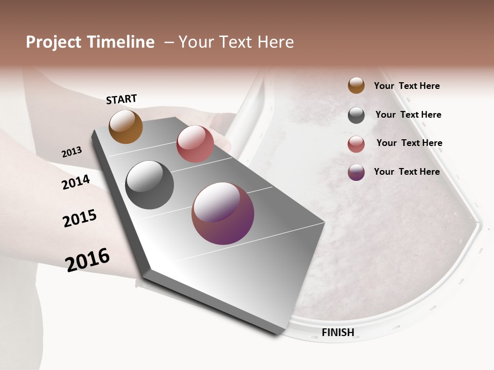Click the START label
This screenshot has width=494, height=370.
121,99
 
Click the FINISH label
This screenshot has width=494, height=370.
338,332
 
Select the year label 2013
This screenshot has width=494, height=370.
72,152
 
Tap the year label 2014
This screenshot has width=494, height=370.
76,182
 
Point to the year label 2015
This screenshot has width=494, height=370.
80,218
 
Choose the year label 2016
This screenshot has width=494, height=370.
87,260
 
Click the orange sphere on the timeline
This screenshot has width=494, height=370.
126,126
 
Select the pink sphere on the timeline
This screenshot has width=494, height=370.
195,144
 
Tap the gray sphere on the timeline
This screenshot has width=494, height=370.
150,185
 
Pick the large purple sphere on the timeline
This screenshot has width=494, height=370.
223,213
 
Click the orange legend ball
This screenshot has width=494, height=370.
356,85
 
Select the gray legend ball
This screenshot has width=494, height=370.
356,115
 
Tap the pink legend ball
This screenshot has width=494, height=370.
356,144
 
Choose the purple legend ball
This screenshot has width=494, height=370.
356,172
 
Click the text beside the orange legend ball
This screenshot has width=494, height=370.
407,86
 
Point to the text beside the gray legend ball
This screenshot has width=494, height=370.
408,115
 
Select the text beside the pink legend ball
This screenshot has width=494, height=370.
409,143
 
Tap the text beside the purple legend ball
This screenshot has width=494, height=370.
407,172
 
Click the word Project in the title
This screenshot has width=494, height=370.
54,42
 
